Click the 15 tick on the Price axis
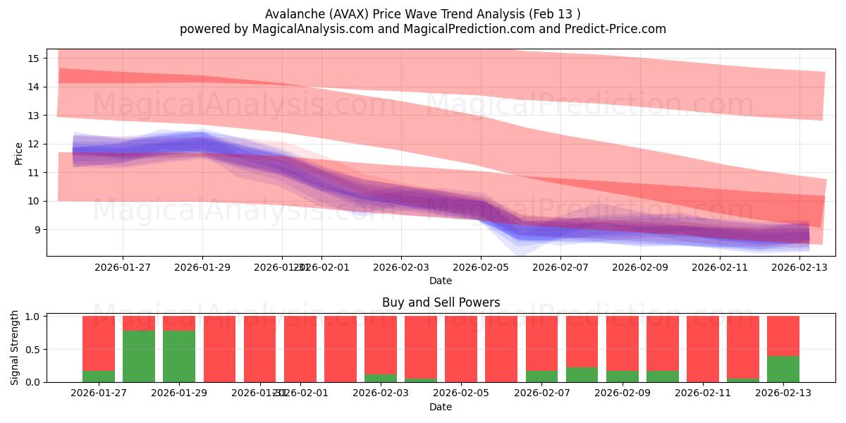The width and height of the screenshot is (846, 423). pyautogui.click(x=33, y=58)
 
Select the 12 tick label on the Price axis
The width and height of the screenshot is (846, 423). pyautogui.click(x=33, y=144)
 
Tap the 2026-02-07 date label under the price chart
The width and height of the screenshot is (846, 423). pyautogui.click(x=560, y=268)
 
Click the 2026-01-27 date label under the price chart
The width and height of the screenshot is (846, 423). pyautogui.click(x=123, y=268)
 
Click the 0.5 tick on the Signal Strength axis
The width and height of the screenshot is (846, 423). pyautogui.click(x=33, y=350)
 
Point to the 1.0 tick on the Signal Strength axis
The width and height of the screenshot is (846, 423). pyautogui.click(x=33, y=317)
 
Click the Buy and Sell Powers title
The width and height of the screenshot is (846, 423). pyautogui.click(x=441, y=302)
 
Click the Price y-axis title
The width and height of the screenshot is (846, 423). pyautogui.click(x=19, y=153)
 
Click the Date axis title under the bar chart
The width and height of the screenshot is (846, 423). pyautogui.click(x=441, y=407)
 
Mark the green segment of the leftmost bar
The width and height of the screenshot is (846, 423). pyautogui.click(x=99, y=376)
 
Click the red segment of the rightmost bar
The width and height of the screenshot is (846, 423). pyautogui.click(x=783, y=336)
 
